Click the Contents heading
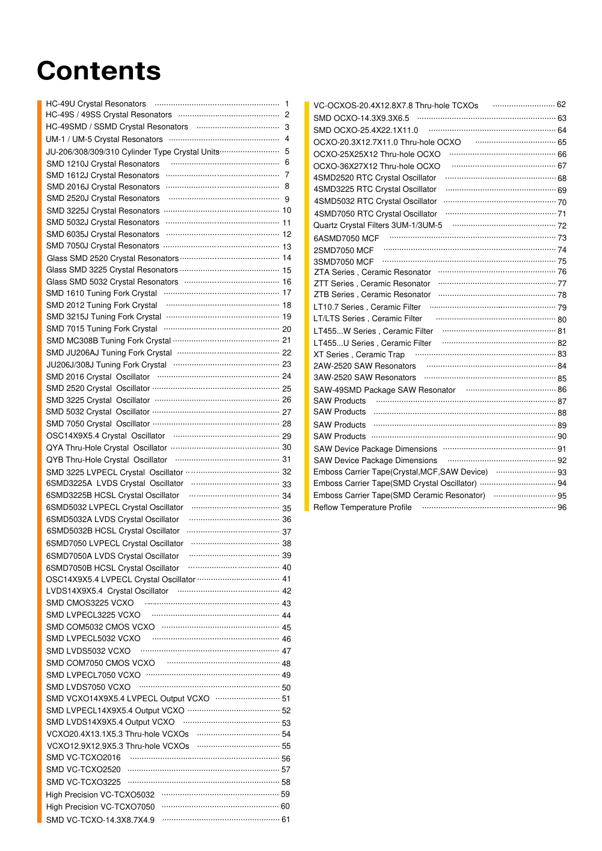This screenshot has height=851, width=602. [99, 71]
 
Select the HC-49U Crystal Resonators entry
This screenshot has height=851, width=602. [96, 104]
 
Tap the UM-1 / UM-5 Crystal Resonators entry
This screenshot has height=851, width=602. [104, 140]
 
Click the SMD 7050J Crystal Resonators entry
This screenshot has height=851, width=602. [103, 246]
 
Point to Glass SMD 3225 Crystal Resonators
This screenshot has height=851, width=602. [112, 270]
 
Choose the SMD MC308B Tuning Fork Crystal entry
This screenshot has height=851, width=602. [108, 341]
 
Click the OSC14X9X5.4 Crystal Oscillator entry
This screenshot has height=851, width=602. [105, 436]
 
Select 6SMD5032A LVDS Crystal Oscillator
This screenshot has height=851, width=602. [112, 520]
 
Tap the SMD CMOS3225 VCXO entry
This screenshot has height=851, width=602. [90, 603]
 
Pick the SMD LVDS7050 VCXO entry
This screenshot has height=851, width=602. [88, 687]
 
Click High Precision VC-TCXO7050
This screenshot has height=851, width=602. [100, 807]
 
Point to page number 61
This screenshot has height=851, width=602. [286, 820]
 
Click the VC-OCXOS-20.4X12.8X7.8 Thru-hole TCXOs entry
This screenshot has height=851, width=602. [396, 106]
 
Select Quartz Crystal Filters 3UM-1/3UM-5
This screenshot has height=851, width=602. [378, 226]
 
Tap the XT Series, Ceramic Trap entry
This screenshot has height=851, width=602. [359, 355]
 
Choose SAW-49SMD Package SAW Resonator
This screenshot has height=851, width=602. [384, 390]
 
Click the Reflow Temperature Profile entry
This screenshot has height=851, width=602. [363, 508]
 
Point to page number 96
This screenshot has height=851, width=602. [562, 508]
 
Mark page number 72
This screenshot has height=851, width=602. [562, 226]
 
